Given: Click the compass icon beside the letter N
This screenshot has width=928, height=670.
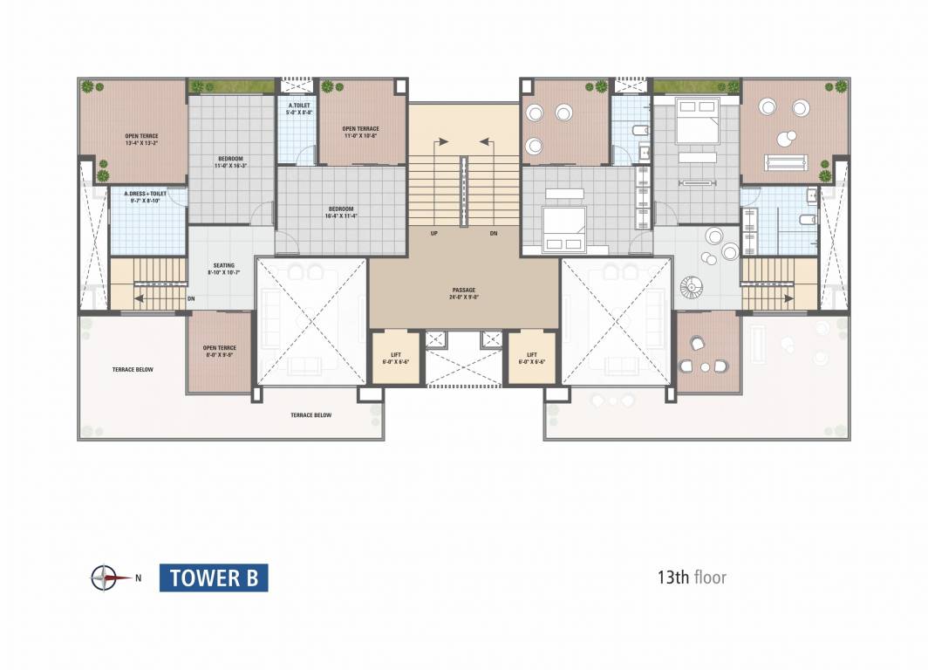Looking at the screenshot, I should [x=104, y=577].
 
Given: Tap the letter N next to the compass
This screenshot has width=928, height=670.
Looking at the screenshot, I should [x=138, y=578].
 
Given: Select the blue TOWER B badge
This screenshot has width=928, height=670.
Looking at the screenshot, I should [x=214, y=578].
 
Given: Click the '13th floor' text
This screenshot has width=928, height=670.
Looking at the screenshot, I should [x=691, y=577].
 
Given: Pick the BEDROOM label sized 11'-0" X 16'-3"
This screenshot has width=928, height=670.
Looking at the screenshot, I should [x=230, y=161].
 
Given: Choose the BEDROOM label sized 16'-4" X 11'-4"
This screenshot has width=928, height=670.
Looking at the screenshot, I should [x=340, y=211].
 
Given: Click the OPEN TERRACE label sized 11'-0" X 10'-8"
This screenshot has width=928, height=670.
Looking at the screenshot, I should [x=360, y=132].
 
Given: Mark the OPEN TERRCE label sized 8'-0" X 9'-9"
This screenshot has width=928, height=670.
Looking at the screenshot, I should [x=219, y=351].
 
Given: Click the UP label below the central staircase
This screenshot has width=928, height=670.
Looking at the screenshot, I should [x=433, y=233].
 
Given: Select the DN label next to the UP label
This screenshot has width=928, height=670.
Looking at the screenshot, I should [x=493, y=233].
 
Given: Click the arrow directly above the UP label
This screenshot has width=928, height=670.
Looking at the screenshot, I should [x=442, y=140].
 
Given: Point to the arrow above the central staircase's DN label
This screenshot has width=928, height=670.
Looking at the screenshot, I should [x=486, y=140].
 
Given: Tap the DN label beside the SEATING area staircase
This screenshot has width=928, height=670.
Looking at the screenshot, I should [x=190, y=298].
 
